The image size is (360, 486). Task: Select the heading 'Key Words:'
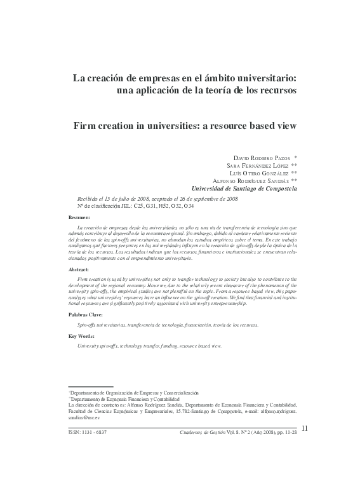click(x=81, y=336)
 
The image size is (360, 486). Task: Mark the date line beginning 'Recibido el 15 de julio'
click(x=157, y=198)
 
